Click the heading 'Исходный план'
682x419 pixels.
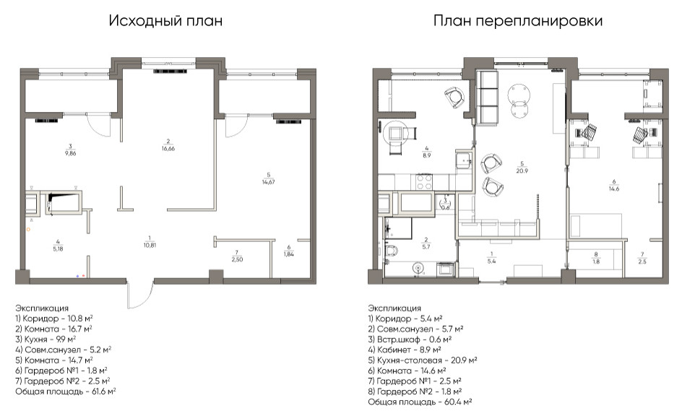pos(165,21)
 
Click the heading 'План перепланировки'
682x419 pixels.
pos(517,21)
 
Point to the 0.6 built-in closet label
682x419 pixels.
pos(446,203)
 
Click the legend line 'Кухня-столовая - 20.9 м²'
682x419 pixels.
pos(423,359)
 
